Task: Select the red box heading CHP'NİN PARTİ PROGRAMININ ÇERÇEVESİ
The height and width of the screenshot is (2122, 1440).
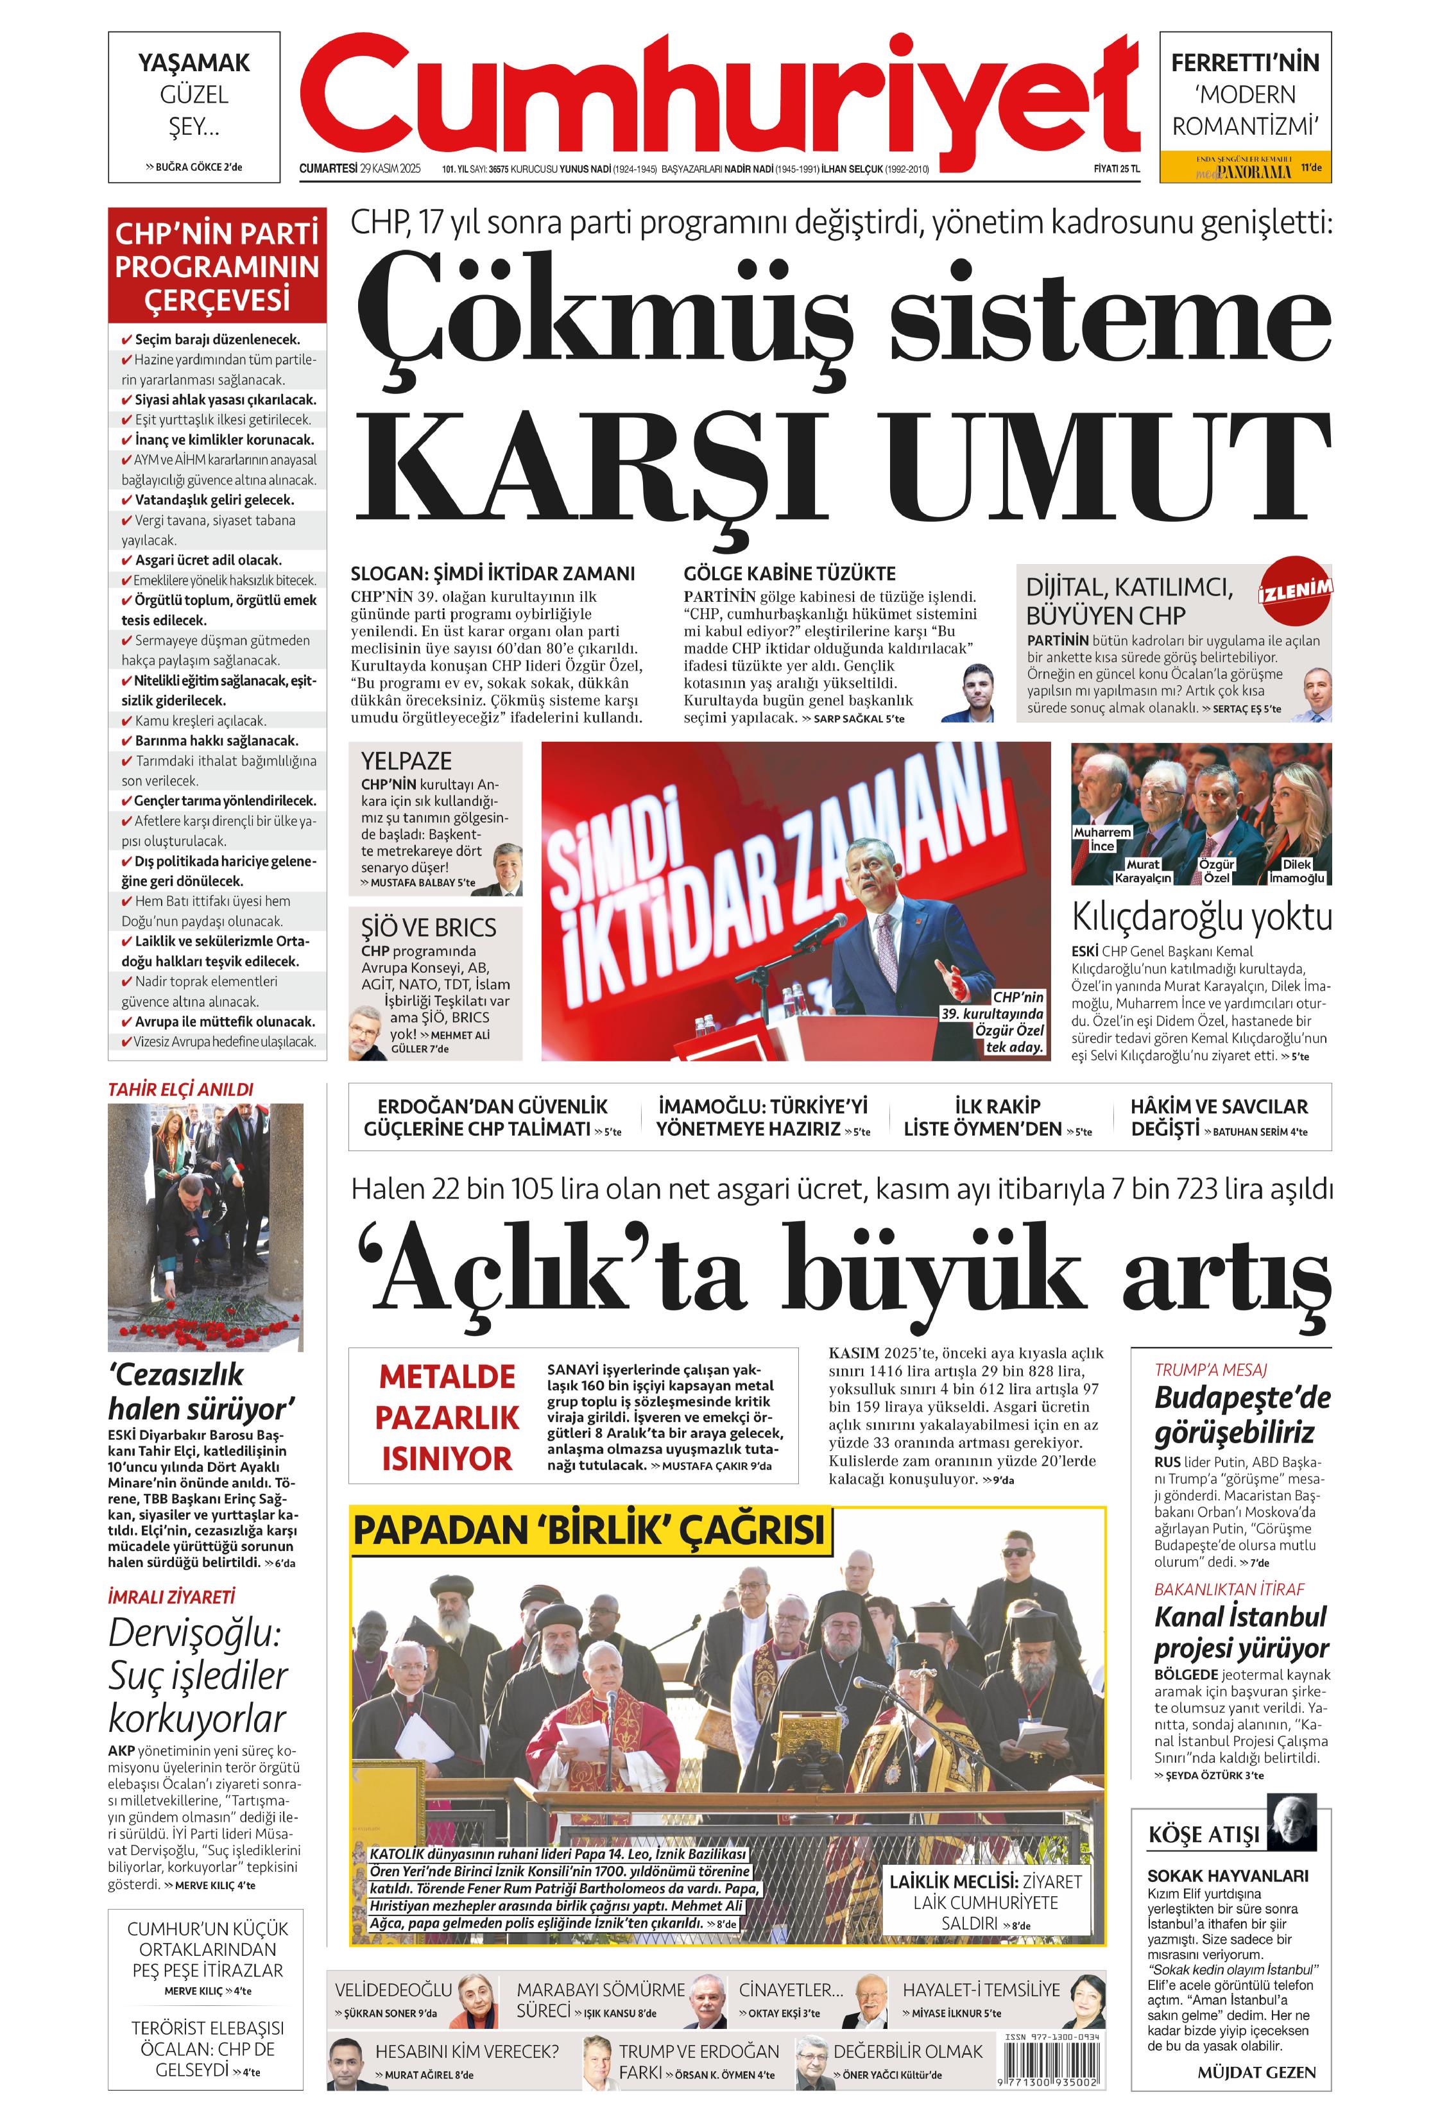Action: tap(218, 266)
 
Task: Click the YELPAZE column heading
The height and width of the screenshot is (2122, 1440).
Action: tap(406, 760)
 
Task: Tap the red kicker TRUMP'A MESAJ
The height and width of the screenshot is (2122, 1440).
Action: tap(1210, 1369)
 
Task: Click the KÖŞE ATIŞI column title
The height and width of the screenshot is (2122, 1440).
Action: tap(1203, 1835)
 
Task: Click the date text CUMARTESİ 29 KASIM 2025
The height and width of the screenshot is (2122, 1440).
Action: tap(360, 168)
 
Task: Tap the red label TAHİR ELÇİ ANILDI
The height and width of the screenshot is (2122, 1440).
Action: tap(181, 1088)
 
